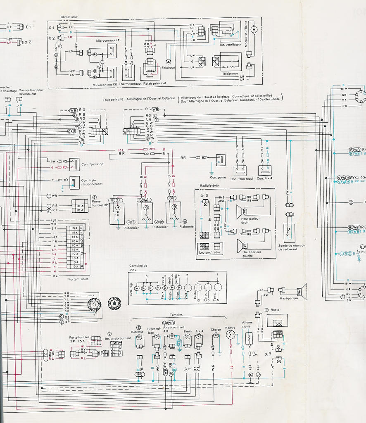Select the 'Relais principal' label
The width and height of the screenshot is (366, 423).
click(154, 83)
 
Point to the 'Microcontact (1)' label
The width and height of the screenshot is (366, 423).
click(108, 40)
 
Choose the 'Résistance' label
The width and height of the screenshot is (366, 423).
click(230, 74)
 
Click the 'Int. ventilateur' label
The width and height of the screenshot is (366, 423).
click(231, 44)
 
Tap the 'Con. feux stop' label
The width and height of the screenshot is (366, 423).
click(93, 164)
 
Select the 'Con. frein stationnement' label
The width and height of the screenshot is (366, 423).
click(92, 182)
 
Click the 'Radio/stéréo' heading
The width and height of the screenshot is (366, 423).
click(209, 185)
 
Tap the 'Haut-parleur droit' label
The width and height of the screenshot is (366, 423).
click(251, 221)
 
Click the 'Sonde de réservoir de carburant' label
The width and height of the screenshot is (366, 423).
click(292, 247)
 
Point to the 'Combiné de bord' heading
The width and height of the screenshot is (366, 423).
click(138, 267)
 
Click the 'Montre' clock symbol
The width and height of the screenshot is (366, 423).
click(231, 335)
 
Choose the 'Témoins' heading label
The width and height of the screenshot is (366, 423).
click(176, 315)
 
